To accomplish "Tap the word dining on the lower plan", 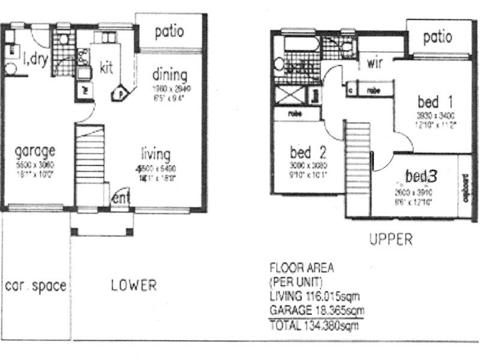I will (x=169, y=76).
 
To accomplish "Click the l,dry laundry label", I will (x=35, y=59).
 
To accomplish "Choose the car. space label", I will (x=35, y=286).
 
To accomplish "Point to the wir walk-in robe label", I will (x=376, y=62).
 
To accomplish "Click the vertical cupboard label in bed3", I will (x=466, y=187).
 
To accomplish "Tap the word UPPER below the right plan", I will (x=391, y=240).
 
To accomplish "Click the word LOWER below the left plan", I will (x=134, y=286).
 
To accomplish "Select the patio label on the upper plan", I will (x=437, y=38).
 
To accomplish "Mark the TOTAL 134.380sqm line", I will (x=314, y=327).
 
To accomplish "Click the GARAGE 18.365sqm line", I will (x=317, y=311).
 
